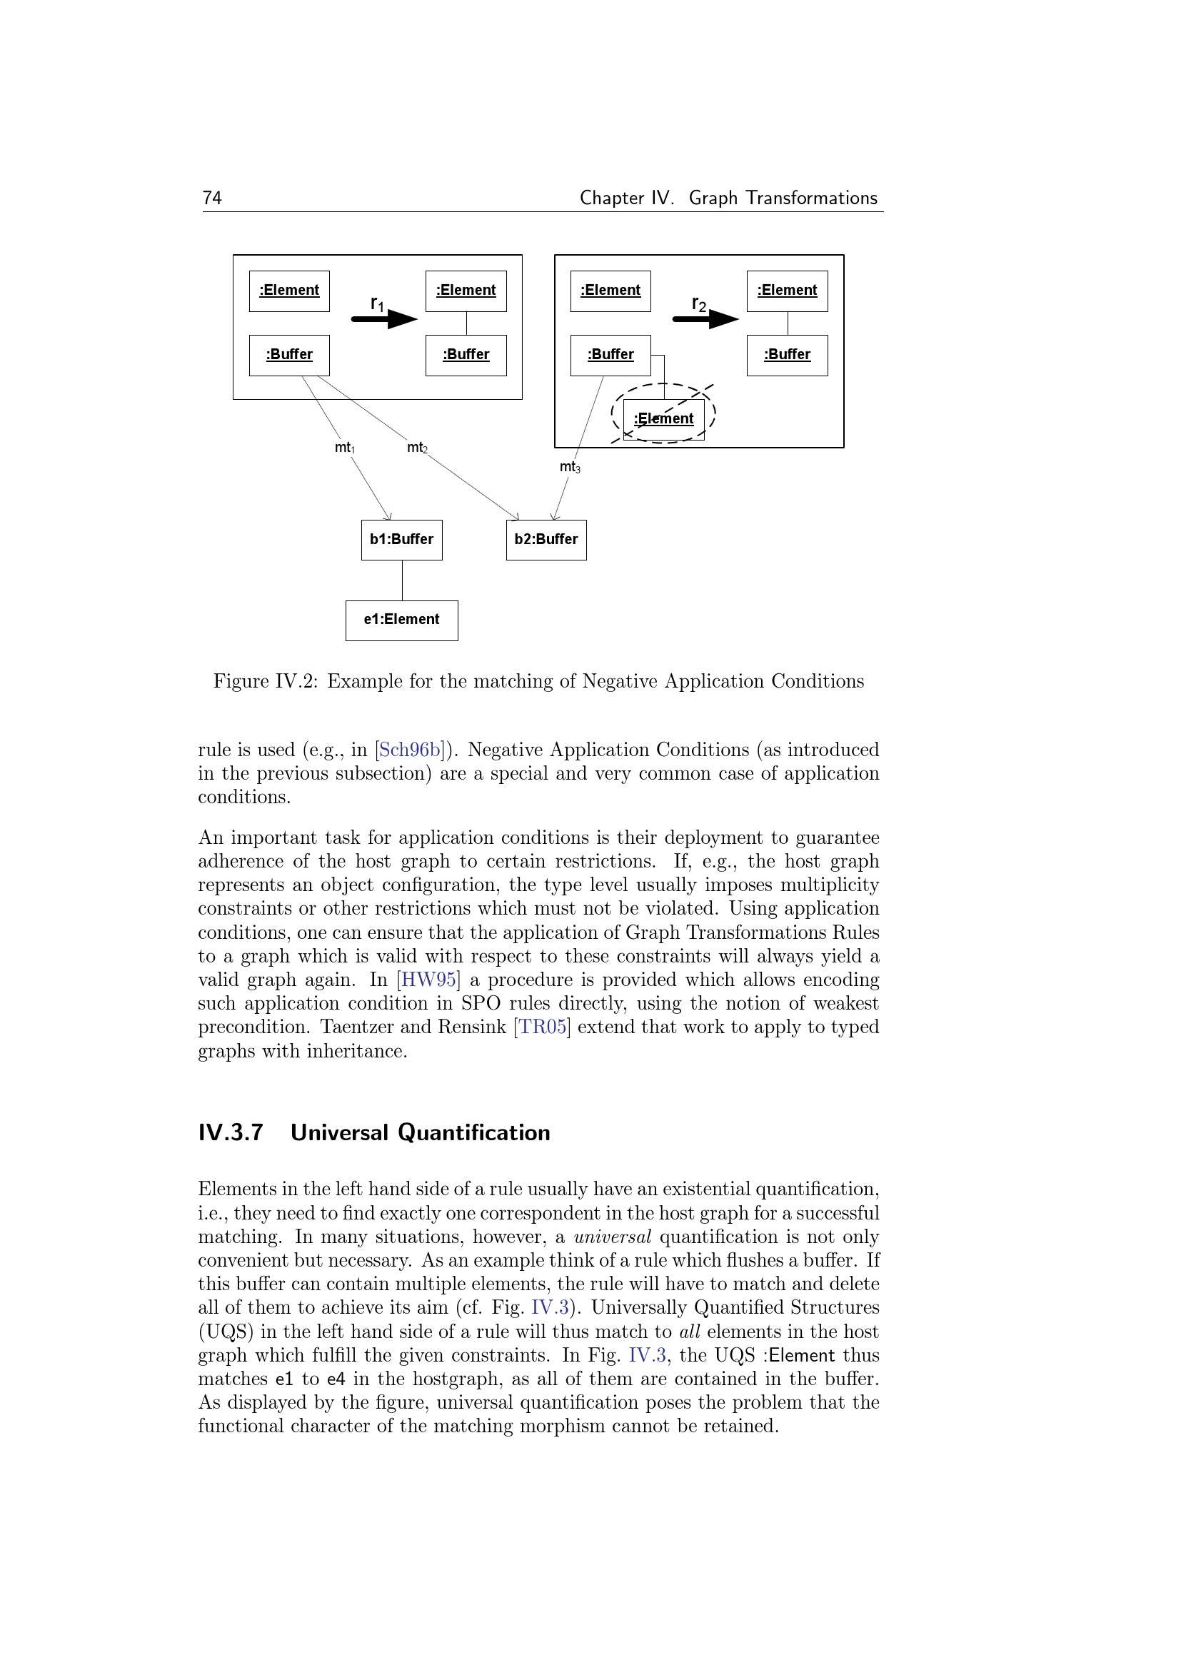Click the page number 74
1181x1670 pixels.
click(211, 198)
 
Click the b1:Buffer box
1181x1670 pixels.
click(401, 540)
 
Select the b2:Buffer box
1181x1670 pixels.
click(546, 540)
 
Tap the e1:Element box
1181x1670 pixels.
click(401, 620)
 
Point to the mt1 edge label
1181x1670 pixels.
click(345, 448)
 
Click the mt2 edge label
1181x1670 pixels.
click(418, 448)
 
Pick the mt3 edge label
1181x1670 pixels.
click(570, 467)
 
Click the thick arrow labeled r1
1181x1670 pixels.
click(384, 318)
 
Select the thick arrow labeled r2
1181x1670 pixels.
click(705, 318)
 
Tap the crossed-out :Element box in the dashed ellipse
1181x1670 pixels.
click(663, 420)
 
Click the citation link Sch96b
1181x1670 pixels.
click(411, 750)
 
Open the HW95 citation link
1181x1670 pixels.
click(429, 980)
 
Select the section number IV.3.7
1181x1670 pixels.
click(231, 1133)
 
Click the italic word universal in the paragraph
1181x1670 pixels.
click(613, 1237)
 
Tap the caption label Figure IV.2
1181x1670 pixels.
click(265, 682)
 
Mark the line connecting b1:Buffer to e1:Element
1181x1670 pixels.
click(402, 580)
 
